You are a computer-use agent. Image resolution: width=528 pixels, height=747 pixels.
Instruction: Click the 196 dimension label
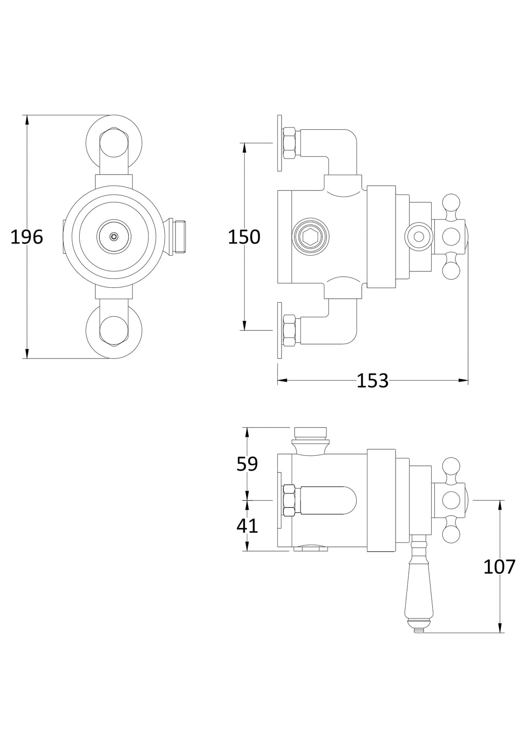tap(26, 238)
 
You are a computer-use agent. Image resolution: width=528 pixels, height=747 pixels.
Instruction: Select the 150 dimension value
tap(244, 238)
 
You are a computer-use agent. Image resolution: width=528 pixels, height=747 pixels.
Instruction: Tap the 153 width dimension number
tap(372, 381)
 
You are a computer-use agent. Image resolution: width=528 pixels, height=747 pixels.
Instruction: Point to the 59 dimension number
tap(247, 464)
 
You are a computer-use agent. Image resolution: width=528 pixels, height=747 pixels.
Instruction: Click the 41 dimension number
tap(247, 526)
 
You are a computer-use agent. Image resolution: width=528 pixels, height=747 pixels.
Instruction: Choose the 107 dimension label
tap(499, 567)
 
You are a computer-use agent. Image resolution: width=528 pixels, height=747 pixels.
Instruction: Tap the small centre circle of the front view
tap(114, 237)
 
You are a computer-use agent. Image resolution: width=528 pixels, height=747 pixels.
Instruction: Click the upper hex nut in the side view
tap(290, 143)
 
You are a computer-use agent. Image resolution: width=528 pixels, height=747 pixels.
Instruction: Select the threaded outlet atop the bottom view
tap(311, 433)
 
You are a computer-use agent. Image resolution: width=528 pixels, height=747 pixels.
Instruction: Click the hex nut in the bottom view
tap(289, 500)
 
